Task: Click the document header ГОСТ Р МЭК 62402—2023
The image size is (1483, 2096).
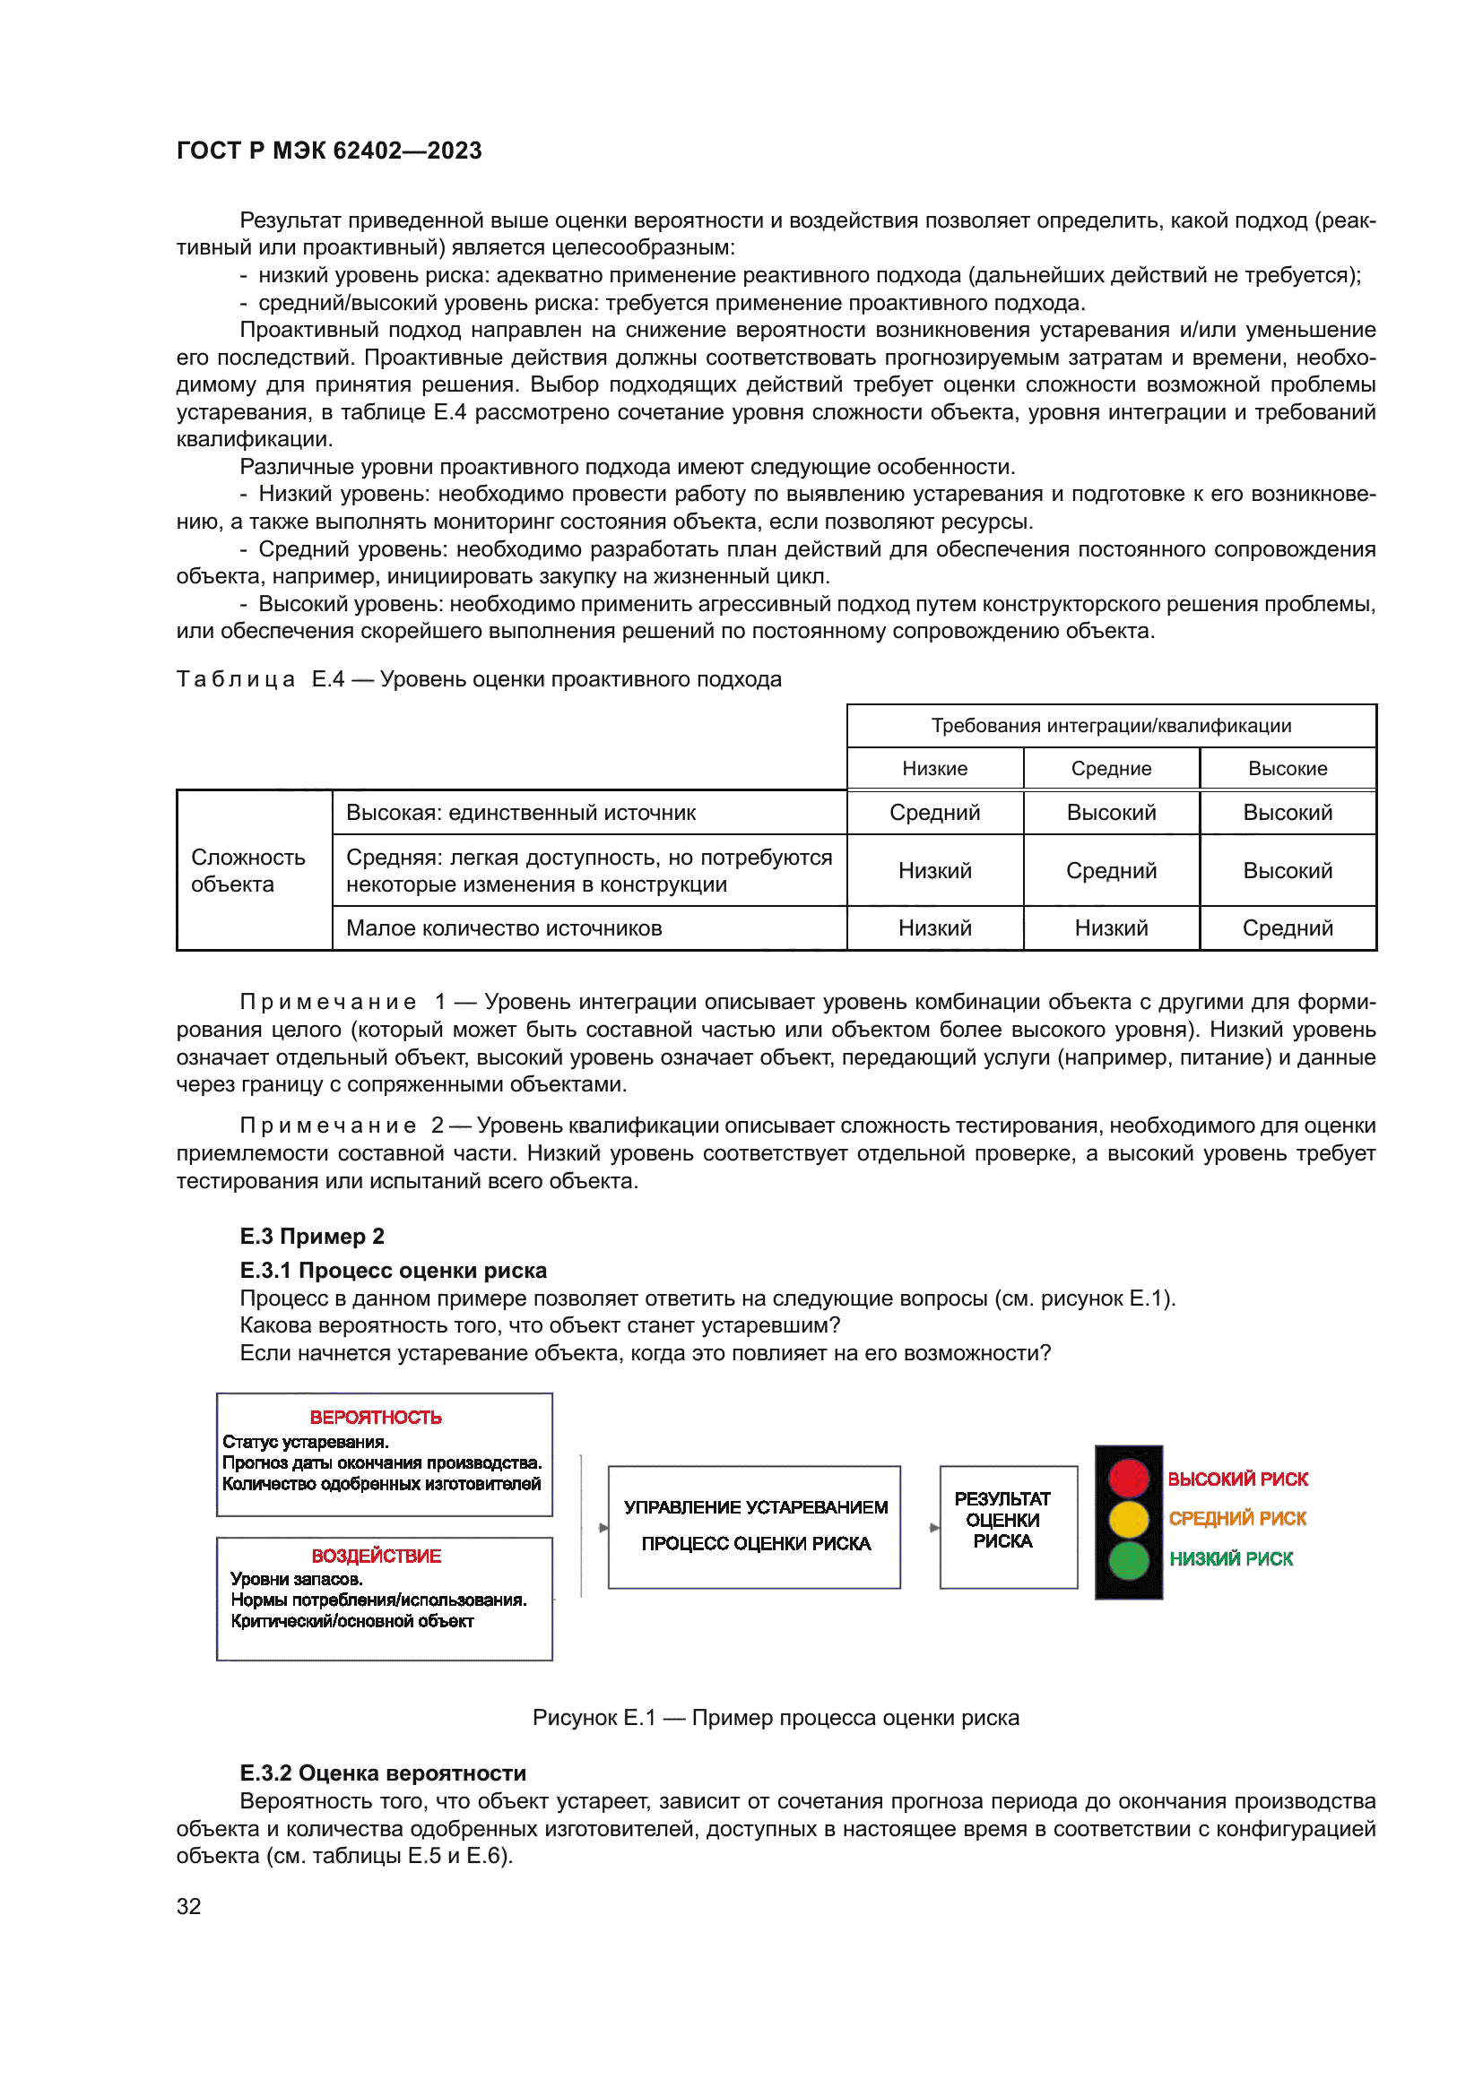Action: pyautogui.click(x=329, y=151)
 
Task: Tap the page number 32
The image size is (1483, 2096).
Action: pyautogui.click(x=189, y=1906)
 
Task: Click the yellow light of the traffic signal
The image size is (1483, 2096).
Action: pyautogui.click(x=1128, y=1519)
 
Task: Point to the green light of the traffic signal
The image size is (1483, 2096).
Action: pyautogui.click(x=1128, y=1560)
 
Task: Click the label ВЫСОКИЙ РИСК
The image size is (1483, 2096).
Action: pyautogui.click(x=1237, y=1479)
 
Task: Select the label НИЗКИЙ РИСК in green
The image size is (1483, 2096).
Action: pyautogui.click(x=1231, y=1559)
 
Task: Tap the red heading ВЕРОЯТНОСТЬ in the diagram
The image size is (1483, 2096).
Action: pyautogui.click(x=376, y=1418)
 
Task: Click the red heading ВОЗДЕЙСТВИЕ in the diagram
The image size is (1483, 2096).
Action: pyautogui.click(x=377, y=1556)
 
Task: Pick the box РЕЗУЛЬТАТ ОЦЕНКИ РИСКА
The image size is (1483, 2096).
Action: pyautogui.click(x=1007, y=1526)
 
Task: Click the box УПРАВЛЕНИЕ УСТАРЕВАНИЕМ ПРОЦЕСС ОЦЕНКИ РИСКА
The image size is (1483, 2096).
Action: pyautogui.click(x=754, y=1526)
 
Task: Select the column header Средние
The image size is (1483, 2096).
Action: pyautogui.click(x=1110, y=769)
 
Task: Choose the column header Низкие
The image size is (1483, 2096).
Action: pyautogui.click(x=934, y=769)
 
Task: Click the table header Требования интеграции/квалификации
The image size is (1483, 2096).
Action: pyautogui.click(x=1110, y=726)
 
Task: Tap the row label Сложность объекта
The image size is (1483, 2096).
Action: pyautogui.click(x=247, y=870)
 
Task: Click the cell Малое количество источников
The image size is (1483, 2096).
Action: pyautogui.click(x=503, y=928)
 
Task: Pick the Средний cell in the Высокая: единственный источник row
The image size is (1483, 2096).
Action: pyautogui.click(x=934, y=813)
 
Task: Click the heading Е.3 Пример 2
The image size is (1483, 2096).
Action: pyautogui.click(x=311, y=1236)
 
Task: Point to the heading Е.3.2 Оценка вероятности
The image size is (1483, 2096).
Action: pyautogui.click(x=383, y=1773)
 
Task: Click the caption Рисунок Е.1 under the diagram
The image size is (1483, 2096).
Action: pyautogui.click(x=776, y=1718)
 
